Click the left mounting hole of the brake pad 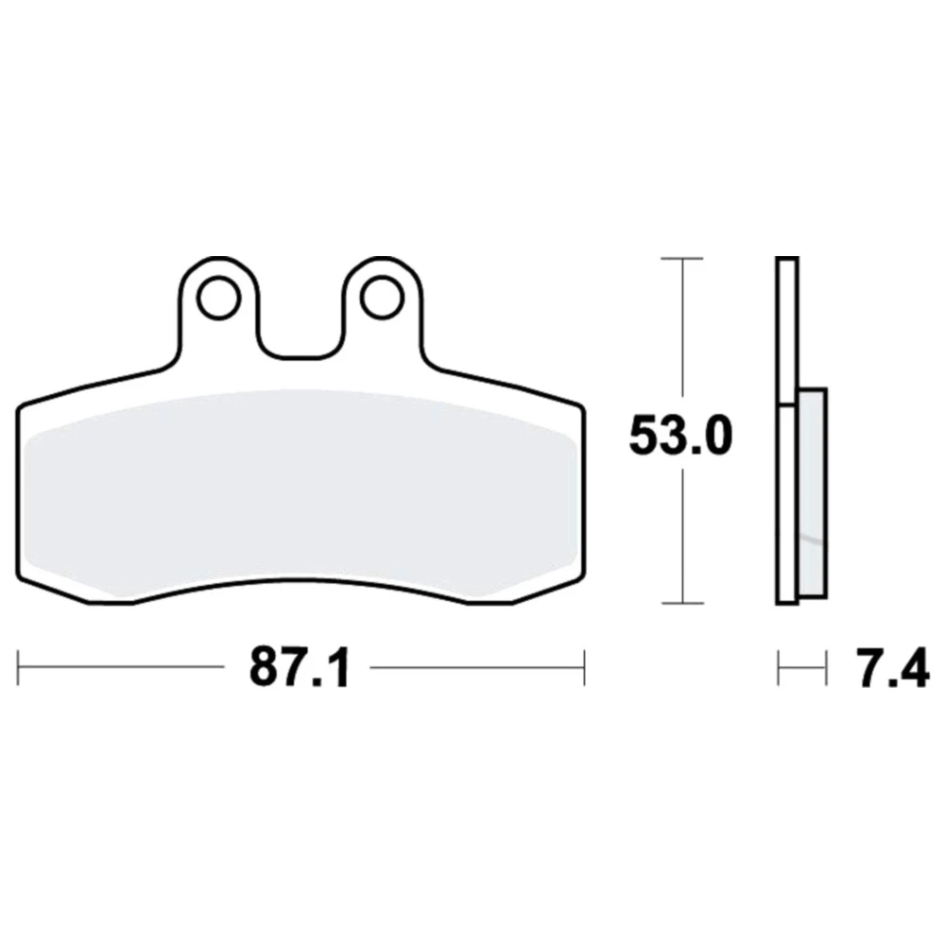(219, 298)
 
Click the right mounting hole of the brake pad (381, 298)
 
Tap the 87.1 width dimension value (300, 667)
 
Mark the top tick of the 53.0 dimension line (682, 259)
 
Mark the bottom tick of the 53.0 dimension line (682, 603)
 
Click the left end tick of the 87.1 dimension (18, 667)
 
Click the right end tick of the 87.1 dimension (584, 667)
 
